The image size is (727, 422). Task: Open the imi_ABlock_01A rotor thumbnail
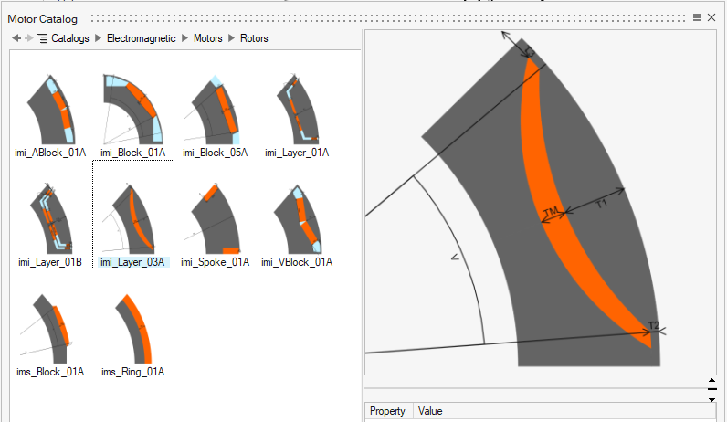point(51,109)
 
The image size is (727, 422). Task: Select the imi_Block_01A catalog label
point(133,153)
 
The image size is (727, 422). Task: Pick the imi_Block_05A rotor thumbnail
point(214,110)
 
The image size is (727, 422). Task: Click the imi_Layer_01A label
point(297,153)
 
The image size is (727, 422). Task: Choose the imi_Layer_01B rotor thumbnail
point(51,218)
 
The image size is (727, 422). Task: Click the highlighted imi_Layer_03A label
point(132,262)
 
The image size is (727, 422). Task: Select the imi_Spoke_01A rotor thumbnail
point(214,218)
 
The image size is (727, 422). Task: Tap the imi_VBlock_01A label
point(297,262)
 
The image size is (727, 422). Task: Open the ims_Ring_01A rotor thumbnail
point(134,329)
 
